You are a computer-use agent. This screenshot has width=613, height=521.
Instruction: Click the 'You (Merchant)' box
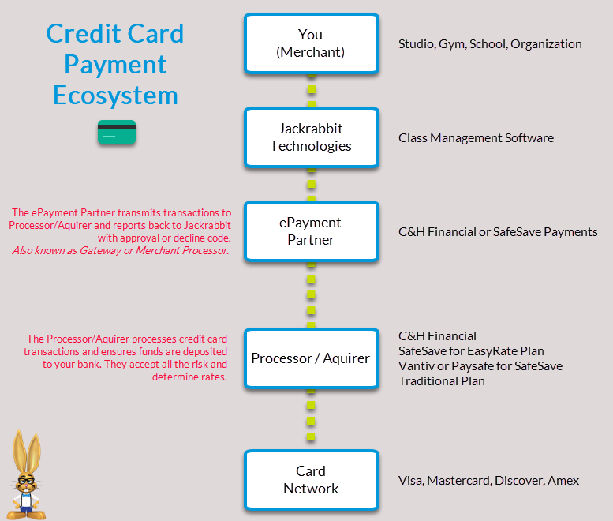pos(311,43)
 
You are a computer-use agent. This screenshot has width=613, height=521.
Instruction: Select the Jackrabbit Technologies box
pos(311,137)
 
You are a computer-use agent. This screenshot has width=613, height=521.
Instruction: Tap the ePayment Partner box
pos(311,231)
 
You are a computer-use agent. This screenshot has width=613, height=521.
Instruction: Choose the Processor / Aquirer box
pos(311,358)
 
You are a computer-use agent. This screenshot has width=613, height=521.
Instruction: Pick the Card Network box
pos(311,479)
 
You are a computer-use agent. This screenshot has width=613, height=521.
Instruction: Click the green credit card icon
pos(117,132)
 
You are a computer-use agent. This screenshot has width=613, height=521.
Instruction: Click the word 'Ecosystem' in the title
pos(115,96)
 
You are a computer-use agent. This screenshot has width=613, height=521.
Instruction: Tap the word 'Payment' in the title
pos(115,64)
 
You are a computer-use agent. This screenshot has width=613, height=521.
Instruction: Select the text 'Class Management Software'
pos(476,138)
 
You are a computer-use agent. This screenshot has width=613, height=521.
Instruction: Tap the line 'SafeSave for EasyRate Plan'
pos(471,350)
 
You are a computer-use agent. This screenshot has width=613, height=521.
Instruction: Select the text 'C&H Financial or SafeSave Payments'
pos(498,232)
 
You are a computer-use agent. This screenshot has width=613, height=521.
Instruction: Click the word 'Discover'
pos(518,480)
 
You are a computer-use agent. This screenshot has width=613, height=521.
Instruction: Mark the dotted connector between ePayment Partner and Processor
pos(311,294)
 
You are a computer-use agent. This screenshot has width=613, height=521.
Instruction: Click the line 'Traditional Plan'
pos(441,381)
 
